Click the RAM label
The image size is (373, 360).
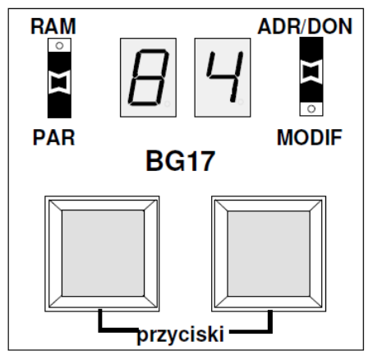[x=53, y=26]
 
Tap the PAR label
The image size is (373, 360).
[x=53, y=137]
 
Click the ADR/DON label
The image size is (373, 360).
[x=305, y=26]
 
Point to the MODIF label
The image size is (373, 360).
[x=310, y=137]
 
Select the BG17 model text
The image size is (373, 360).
[x=181, y=161]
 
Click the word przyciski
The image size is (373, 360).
[x=181, y=335]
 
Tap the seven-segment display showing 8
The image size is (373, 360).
[x=148, y=77]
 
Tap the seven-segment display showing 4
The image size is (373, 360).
[x=223, y=77]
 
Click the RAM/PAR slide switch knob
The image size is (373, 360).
[x=59, y=82]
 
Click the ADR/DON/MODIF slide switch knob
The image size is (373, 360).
[x=311, y=72]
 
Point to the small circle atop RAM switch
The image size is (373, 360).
[x=59, y=45]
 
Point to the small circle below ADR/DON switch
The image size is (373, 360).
[x=311, y=108]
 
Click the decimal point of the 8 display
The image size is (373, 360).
[x=167, y=104]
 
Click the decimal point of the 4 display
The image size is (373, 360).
[x=241, y=102]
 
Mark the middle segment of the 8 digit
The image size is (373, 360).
[x=148, y=77]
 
